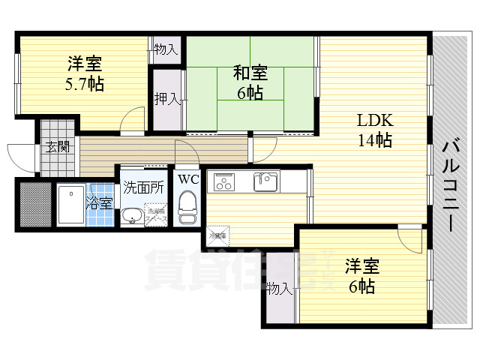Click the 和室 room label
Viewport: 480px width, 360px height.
tap(250, 73)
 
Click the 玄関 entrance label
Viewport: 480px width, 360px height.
tap(57, 147)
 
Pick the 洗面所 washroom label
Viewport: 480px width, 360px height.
tap(143, 187)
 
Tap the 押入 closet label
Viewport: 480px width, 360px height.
tap(166, 99)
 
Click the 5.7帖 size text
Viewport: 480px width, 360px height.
tap(84, 83)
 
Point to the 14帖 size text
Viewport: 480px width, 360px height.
tap(374, 139)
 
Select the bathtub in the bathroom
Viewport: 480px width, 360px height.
tap(72, 205)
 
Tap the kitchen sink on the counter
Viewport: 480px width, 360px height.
tap(265, 181)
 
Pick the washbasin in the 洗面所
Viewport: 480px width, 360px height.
tap(132, 217)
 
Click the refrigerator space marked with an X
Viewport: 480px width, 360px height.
tap(217, 235)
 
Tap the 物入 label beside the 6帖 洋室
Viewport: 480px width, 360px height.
tap(279, 288)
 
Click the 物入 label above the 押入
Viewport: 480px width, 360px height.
tap(166, 50)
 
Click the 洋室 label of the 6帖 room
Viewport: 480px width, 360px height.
tap(361, 267)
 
